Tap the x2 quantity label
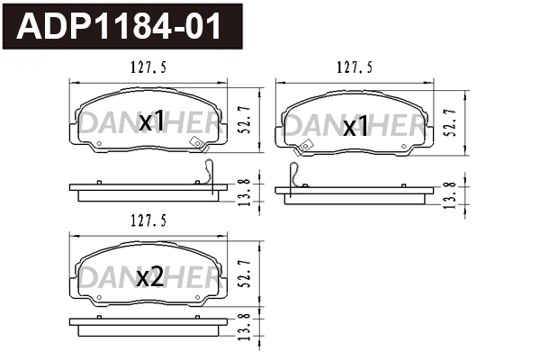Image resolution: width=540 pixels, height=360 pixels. (149, 278)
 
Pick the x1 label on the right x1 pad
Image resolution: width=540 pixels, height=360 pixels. (356, 127)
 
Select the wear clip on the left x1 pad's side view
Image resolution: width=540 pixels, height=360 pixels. (208, 173)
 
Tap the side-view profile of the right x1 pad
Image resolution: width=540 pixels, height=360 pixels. (360, 194)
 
